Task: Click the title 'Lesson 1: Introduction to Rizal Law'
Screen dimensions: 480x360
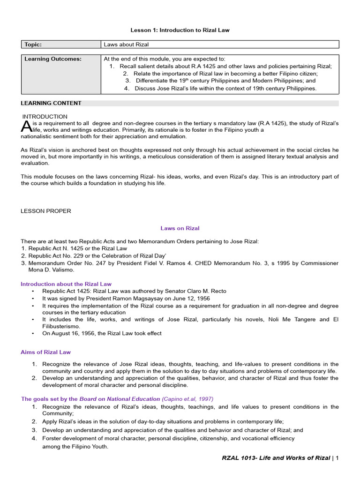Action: click(x=180, y=30)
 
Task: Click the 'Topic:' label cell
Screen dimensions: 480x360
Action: click(x=33, y=45)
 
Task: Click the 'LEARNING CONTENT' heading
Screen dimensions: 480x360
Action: click(x=51, y=103)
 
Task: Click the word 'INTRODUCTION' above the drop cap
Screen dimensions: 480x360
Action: click(x=45, y=116)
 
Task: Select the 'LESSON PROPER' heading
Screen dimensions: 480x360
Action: click(x=46, y=211)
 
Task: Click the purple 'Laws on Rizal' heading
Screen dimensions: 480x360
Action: click(x=180, y=228)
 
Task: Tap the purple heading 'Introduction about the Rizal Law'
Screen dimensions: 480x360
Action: click(x=66, y=284)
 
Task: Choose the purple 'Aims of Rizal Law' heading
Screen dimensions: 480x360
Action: click(x=46, y=352)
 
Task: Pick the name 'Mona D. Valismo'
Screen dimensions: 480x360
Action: click(x=51, y=270)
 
